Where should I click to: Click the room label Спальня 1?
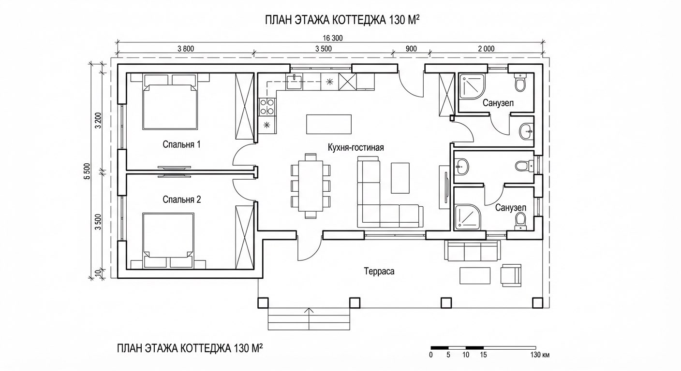point(181,144)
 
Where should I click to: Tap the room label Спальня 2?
point(181,199)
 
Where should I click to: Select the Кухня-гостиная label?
point(355,147)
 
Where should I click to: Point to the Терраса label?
point(379,271)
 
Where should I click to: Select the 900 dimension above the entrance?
point(411,48)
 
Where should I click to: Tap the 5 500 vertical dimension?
point(87,172)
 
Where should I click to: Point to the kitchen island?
point(329,124)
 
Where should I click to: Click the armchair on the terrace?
point(511,274)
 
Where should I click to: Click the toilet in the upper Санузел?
point(520,83)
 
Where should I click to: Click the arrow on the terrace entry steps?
point(310,312)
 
